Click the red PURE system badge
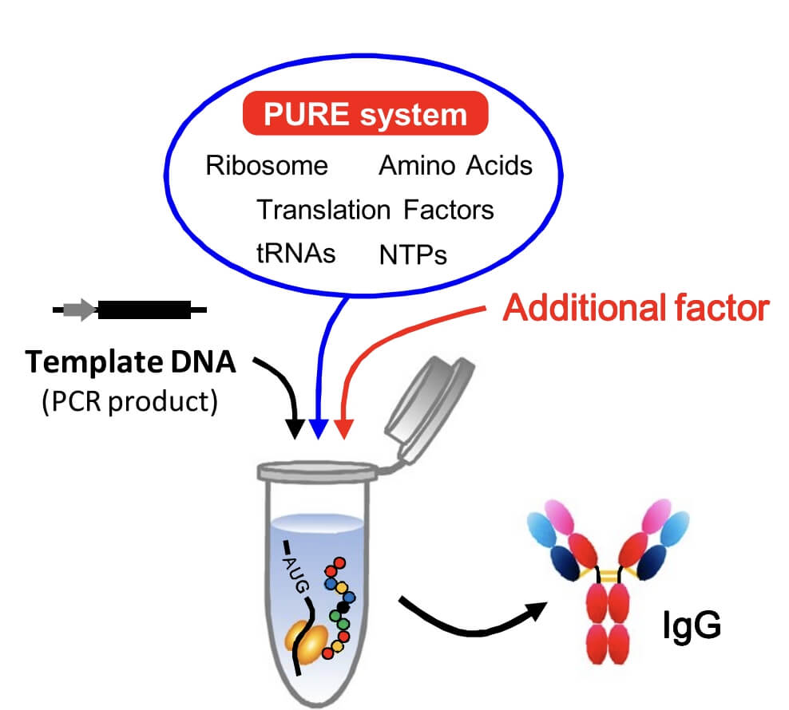pos(364,114)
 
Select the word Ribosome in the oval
pos(267,165)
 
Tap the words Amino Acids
pos(455,165)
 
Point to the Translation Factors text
pos(375,210)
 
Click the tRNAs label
pos(296,253)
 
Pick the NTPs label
pos(413,254)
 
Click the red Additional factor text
pos(636,308)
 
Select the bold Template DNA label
pos(131,362)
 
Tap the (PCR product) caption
pos(129,400)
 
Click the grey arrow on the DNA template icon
pos(79,310)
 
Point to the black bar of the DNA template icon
pos(145,310)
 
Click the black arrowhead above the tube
pos(296,431)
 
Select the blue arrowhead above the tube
pos(319,431)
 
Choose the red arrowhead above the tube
pos(343,431)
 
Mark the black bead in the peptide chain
pos(343,607)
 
